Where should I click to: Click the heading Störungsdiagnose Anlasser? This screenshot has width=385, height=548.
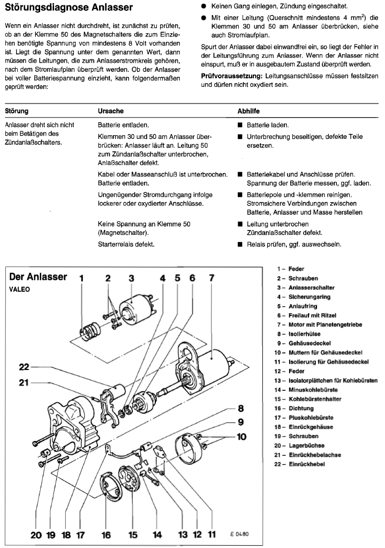coord(69,8)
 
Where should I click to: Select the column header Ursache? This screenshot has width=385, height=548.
coord(111,111)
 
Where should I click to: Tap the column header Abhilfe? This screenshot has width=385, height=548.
coord(248,111)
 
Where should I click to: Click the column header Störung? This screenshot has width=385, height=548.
coord(17,111)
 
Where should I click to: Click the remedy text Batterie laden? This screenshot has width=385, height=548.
coord(268,125)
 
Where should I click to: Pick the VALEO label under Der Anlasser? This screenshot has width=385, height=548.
coord(20,288)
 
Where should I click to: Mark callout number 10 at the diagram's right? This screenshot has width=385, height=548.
coord(241,436)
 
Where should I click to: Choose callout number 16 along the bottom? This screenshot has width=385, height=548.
coord(106,534)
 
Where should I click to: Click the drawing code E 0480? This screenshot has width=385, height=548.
coord(240,534)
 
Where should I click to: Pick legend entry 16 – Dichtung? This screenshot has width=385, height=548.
coord(299,408)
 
